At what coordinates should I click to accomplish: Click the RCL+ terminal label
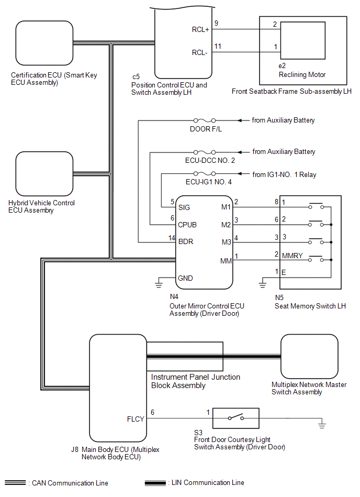(x=200, y=30)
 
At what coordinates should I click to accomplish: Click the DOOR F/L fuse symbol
(x=206, y=121)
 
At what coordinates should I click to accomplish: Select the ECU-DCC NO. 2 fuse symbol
(x=206, y=152)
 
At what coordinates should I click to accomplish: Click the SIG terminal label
(x=184, y=207)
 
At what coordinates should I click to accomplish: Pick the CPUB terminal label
(x=187, y=225)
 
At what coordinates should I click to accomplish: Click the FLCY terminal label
(x=135, y=419)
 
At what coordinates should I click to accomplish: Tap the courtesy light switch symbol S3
(x=234, y=418)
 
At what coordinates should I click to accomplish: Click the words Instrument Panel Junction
(x=196, y=377)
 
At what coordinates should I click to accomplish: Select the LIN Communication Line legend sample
(x=155, y=482)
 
